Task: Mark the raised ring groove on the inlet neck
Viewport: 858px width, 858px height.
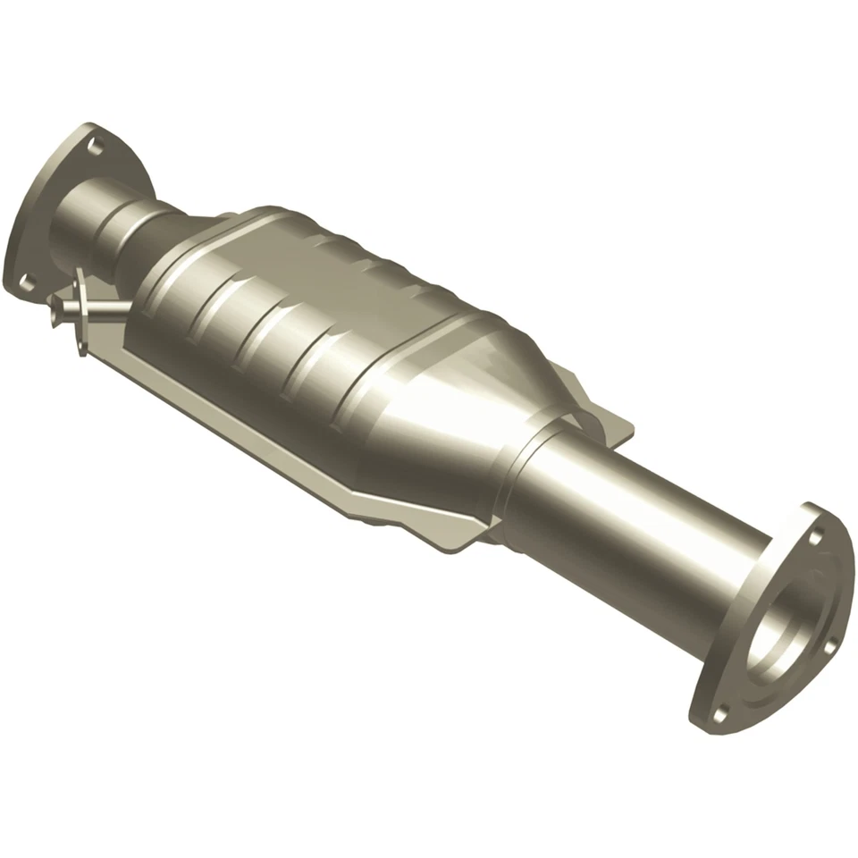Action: [x=125, y=228]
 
